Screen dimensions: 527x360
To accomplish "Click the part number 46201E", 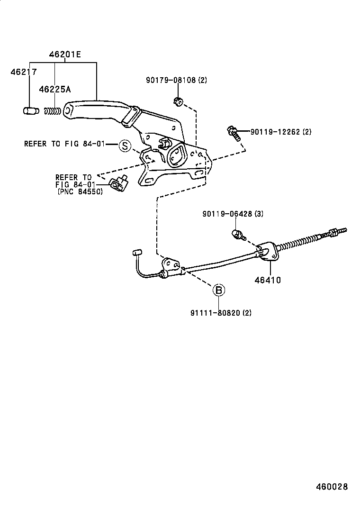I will coord(64,55).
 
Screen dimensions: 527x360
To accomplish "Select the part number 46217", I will coord(24,72).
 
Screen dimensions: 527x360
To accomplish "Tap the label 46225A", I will coord(54,89).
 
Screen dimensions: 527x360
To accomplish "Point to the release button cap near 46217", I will coord(30,111).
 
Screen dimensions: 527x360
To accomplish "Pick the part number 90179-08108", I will coord(170,80).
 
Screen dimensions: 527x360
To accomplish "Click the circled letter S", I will coord(124,145).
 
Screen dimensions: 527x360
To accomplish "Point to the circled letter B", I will coord(218,290).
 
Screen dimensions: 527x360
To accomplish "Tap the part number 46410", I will coord(268,280).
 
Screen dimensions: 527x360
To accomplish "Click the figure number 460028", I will coord(332,487).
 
